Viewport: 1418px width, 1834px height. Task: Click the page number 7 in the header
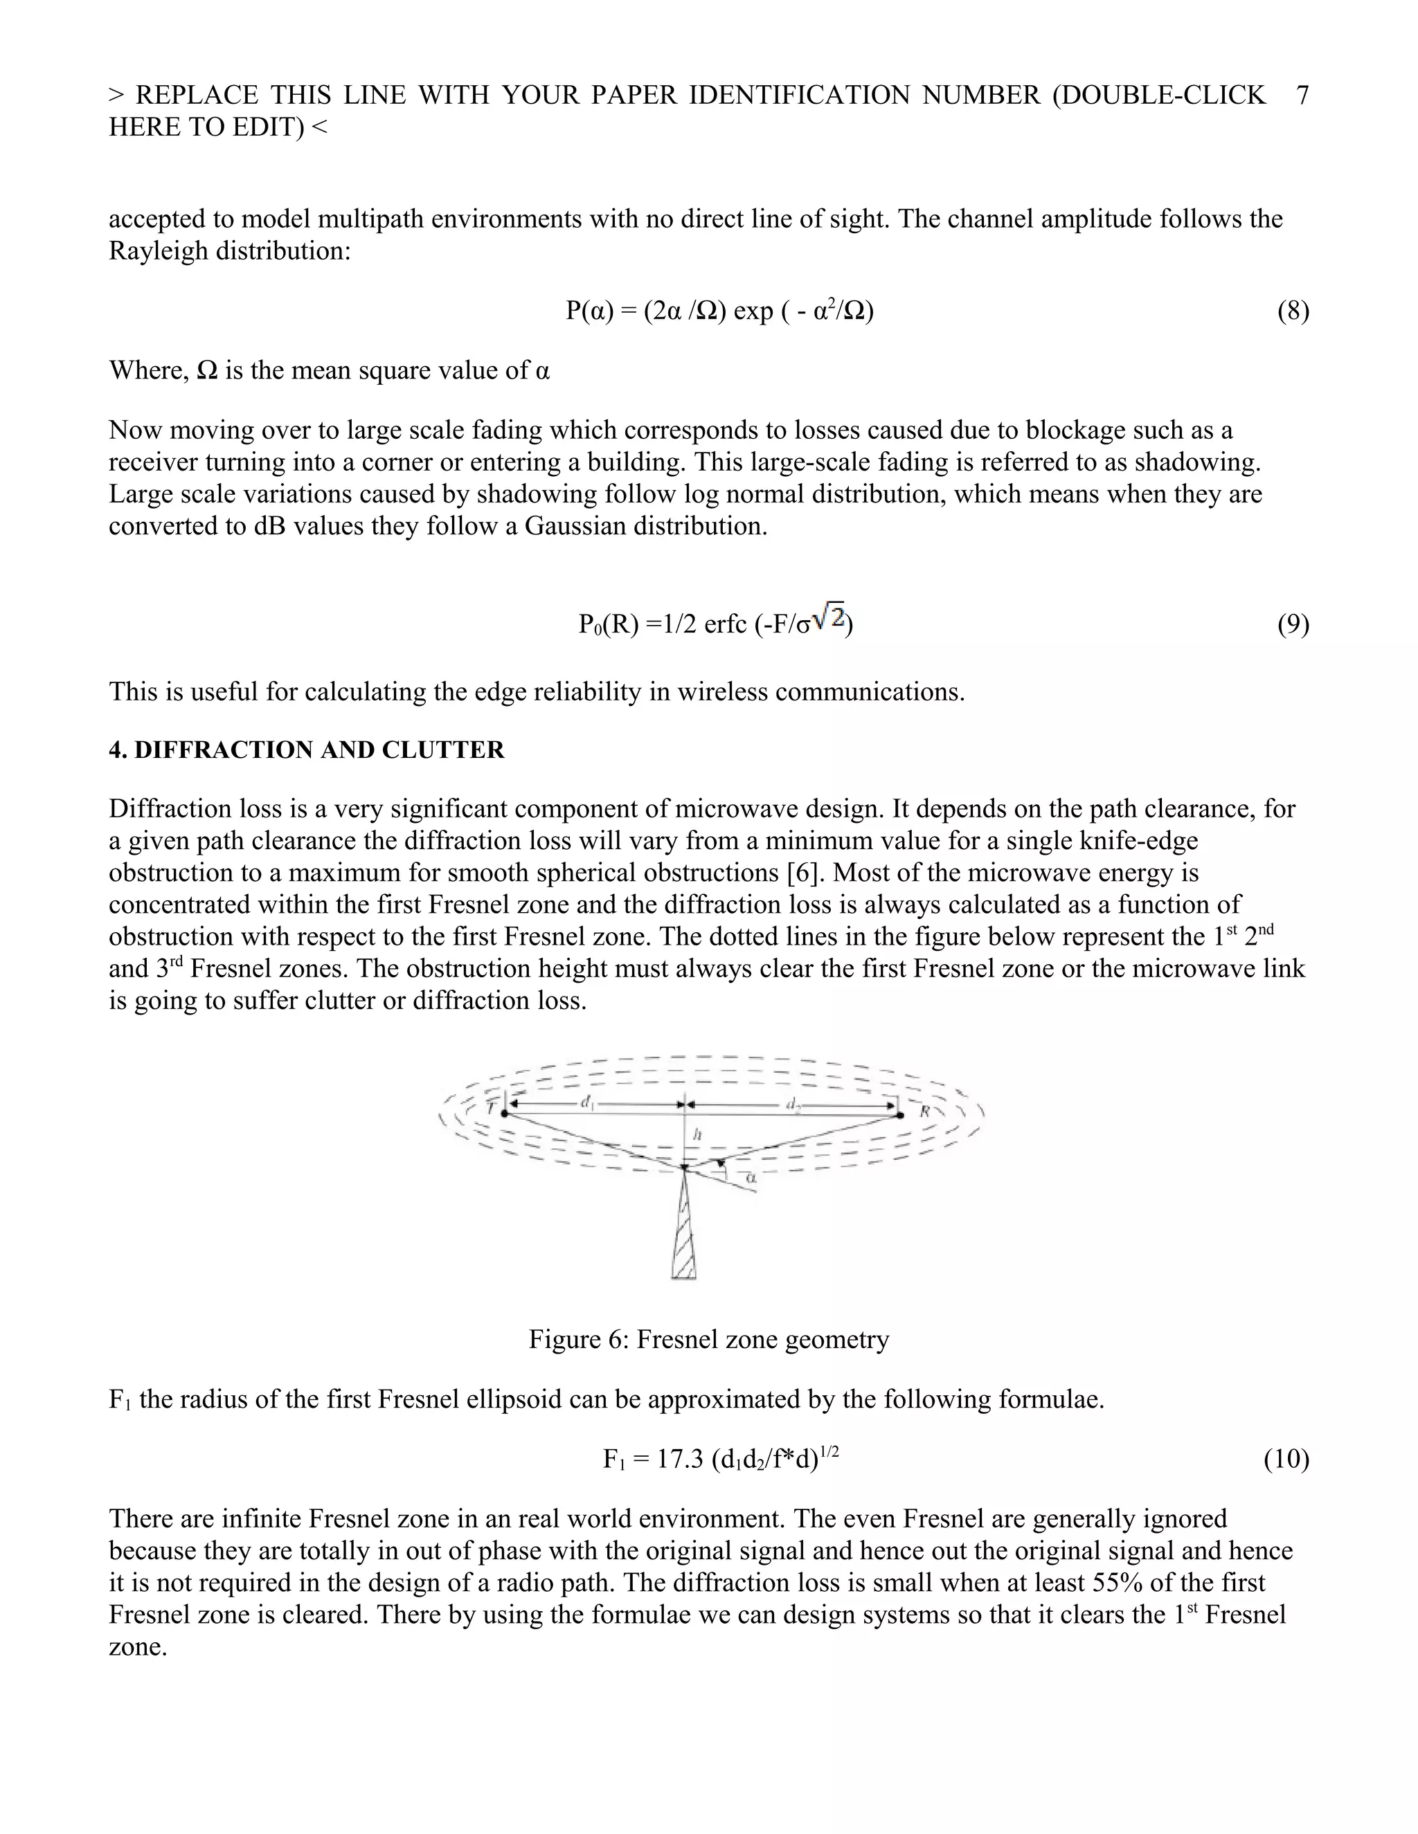coord(1302,95)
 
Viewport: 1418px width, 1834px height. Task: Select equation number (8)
coord(1293,311)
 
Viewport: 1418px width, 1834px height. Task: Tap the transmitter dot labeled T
coord(504,1114)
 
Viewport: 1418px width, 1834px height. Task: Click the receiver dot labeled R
coord(899,1115)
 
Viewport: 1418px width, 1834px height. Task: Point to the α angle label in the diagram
coord(751,1178)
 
